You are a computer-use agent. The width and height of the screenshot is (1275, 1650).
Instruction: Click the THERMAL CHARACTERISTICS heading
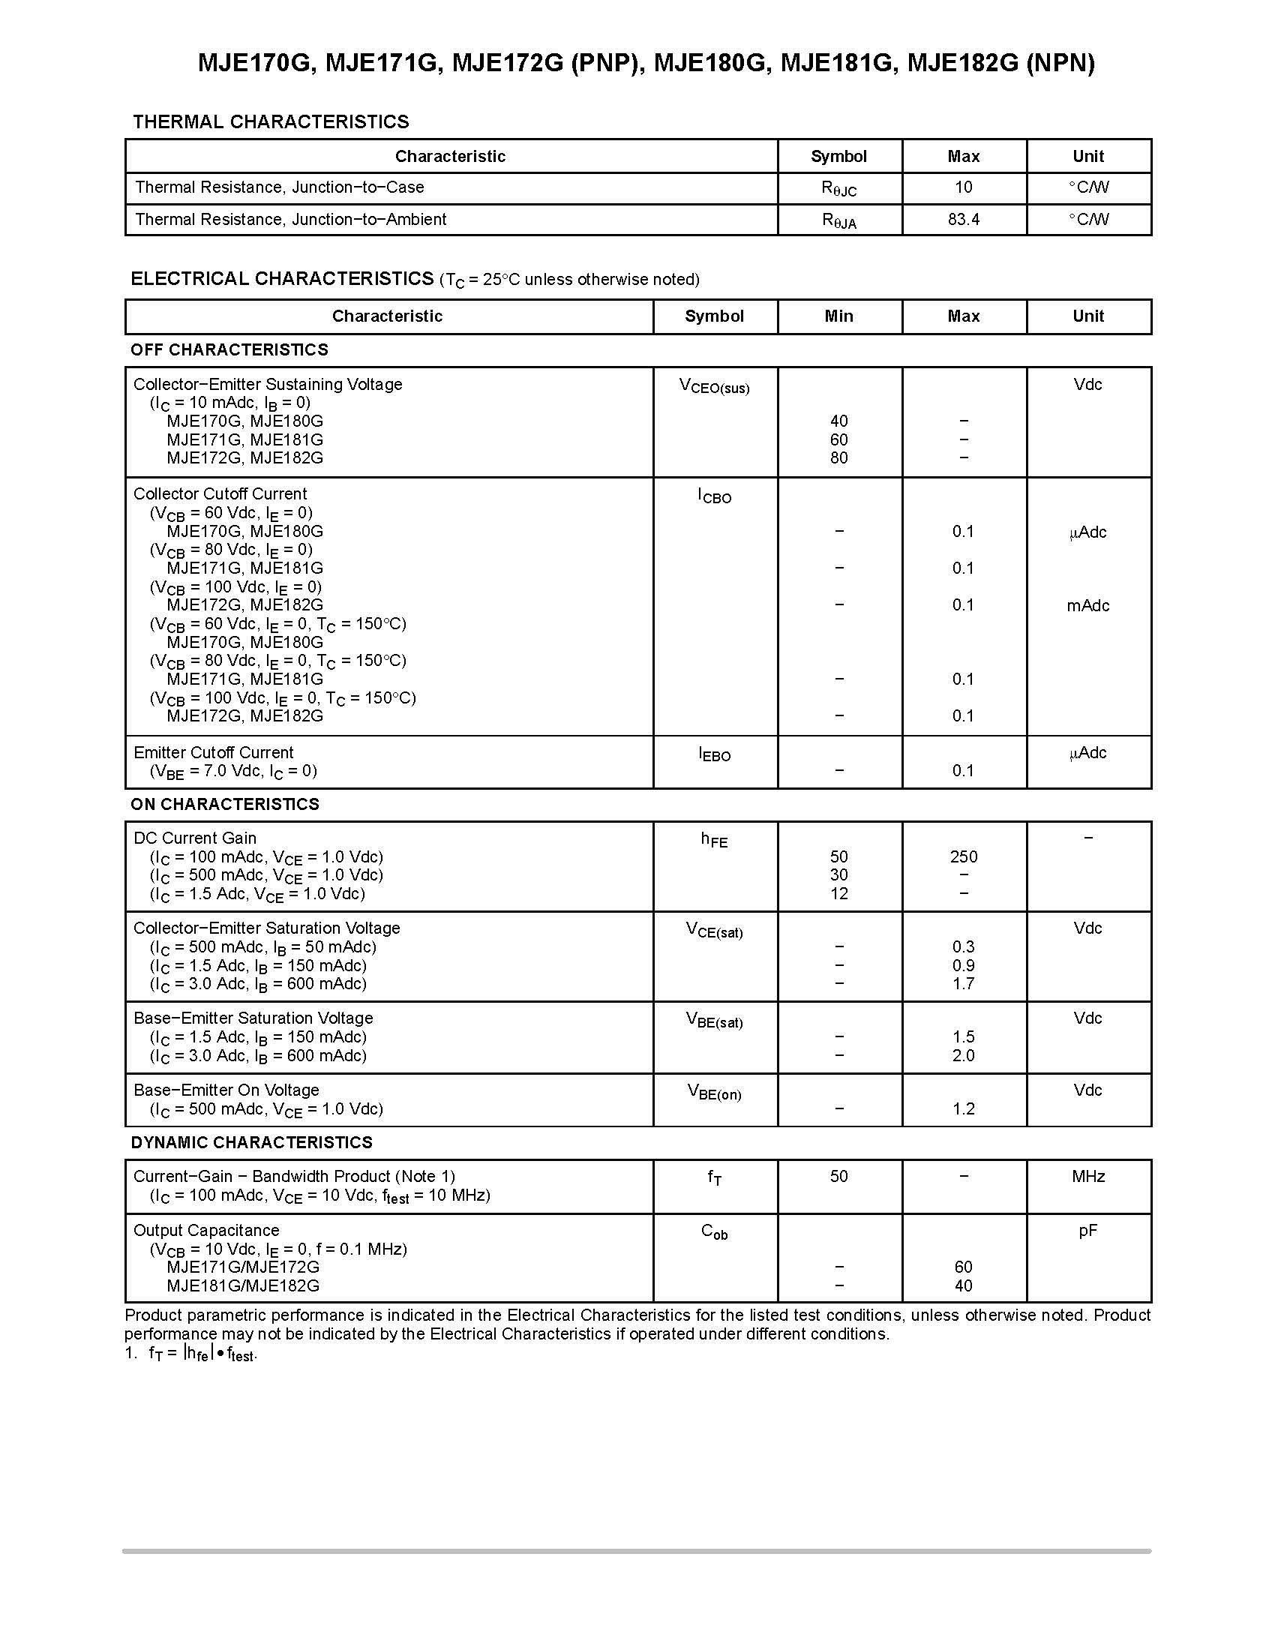(x=271, y=121)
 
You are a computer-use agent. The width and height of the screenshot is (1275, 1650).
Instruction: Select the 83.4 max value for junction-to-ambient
(x=963, y=219)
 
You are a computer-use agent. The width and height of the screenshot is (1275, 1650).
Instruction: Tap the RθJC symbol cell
(x=838, y=188)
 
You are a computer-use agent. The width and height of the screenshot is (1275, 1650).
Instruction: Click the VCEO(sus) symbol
(x=714, y=386)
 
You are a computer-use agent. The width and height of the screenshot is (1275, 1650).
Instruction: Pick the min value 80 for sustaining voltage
(x=838, y=457)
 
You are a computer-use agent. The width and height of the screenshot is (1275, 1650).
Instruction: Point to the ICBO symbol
(x=714, y=496)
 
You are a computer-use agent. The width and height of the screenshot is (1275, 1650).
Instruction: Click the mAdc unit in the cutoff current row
(x=1087, y=605)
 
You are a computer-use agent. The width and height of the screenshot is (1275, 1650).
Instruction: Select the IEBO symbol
(x=714, y=754)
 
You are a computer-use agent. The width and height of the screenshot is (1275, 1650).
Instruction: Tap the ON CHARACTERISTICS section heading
(x=224, y=804)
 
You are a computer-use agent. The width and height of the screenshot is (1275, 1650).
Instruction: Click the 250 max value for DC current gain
(x=963, y=856)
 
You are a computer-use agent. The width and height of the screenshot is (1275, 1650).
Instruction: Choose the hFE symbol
(x=714, y=839)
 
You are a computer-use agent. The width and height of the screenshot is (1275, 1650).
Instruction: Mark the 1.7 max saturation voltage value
(x=963, y=984)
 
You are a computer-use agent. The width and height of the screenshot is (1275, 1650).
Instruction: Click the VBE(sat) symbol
(x=714, y=1021)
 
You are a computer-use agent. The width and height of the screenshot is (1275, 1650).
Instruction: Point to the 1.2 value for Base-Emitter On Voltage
(x=963, y=1108)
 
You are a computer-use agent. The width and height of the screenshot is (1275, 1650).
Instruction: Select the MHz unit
(x=1087, y=1176)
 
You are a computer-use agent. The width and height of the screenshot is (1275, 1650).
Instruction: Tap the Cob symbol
(x=714, y=1232)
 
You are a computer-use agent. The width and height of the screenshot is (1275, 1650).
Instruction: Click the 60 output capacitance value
(x=963, y=1267)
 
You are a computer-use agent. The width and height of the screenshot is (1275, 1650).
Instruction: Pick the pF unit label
(x=1087, y=1231)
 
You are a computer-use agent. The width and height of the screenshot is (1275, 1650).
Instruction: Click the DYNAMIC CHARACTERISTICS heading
(x=251, y=1142)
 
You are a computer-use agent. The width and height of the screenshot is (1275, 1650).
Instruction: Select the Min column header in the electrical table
(x=838, y=316)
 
